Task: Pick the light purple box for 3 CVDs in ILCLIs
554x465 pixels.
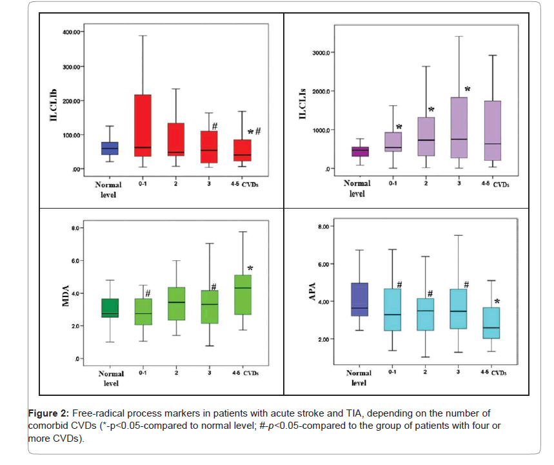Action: pos(459,128)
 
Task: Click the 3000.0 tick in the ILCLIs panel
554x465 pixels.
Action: pos(321,52)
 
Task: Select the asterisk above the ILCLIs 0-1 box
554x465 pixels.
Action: pos(399,127)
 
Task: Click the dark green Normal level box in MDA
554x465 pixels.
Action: pos(110,308)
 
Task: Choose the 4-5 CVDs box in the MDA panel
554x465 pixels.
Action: pos(242,294)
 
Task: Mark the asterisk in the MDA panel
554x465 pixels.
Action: pos(250,269)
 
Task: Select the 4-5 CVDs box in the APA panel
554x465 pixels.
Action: pos(491,323)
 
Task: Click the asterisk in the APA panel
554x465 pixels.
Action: pos(497,302)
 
